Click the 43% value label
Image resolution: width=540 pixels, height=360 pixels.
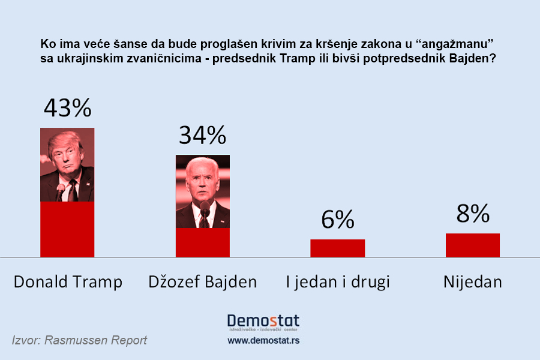coord(67,108)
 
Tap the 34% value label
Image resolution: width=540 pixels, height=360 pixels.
coord(202,136)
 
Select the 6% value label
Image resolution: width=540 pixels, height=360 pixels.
coord(337,220)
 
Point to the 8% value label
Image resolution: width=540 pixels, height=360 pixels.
coord(472,213)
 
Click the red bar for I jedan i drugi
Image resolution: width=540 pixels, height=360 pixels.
coord(337,248)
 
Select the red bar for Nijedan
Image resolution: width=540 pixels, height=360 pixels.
coord(472,245)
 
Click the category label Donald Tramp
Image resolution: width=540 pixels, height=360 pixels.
coord(67,281)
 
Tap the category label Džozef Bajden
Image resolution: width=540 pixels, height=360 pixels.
coord(202,281)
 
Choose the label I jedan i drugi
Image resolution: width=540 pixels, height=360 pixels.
coord(337,281)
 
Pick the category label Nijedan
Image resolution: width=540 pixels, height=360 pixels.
coord(472,281)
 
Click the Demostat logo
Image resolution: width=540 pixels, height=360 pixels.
coord(263,322)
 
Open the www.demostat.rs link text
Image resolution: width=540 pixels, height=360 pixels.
coord(263,340)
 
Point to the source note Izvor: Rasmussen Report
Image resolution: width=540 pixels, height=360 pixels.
coord(79,340)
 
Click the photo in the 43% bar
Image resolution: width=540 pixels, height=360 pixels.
coord(67,164)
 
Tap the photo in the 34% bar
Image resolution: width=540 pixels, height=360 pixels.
coord(202,191)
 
